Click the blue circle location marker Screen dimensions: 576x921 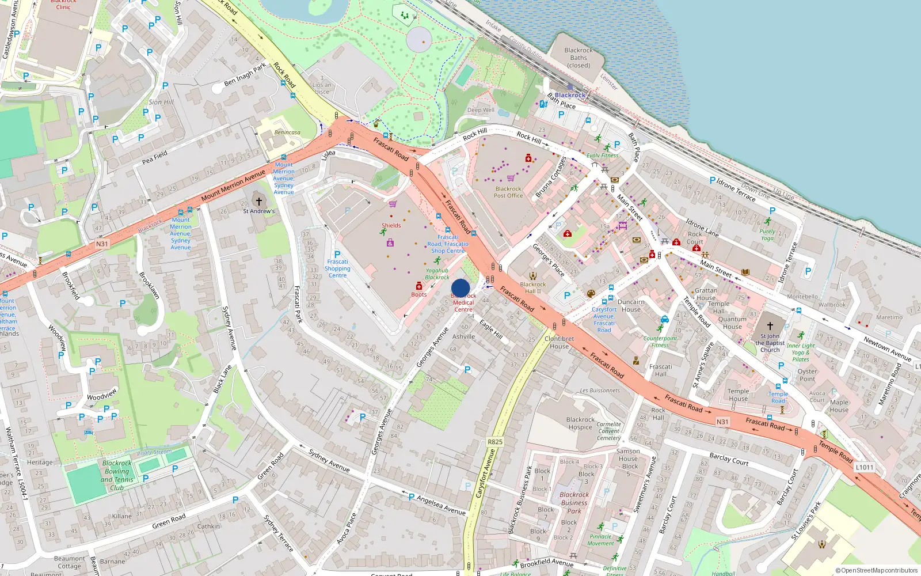461,288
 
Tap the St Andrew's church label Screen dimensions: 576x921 258,211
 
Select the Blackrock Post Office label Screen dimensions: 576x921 508,192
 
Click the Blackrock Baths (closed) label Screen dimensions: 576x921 579,58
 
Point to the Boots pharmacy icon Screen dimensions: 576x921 419,286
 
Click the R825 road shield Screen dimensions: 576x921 495,442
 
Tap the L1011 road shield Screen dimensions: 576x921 864,467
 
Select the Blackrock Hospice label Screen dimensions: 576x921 580,423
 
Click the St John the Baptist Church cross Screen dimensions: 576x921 770,326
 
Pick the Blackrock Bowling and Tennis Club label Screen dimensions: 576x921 117,475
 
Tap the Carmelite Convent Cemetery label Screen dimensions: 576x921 608,431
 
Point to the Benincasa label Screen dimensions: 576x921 287,132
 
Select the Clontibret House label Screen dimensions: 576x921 559,343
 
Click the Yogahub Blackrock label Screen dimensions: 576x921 437,274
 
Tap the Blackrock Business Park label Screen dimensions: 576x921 574,502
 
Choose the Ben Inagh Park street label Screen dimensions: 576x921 245,74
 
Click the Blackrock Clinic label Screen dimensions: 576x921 63,5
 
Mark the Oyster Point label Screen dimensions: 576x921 807,375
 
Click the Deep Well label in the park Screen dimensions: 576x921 481,110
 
